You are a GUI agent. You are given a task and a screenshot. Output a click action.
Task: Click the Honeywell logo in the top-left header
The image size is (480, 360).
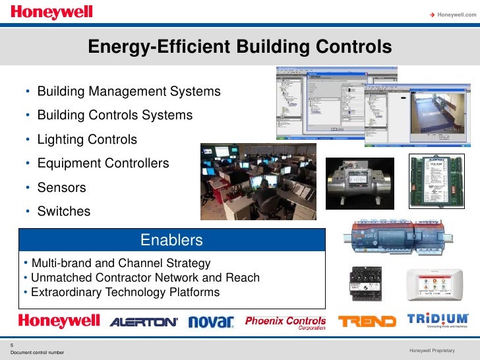[52, 13]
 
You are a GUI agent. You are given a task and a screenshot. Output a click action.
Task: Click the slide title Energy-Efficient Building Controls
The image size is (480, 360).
[240, 47]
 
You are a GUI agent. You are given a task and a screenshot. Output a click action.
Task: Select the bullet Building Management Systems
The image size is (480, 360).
[129, 91]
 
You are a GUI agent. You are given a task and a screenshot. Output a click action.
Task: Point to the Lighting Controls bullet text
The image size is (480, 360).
[87, 140]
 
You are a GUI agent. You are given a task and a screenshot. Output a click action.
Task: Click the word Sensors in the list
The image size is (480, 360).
[61, 188]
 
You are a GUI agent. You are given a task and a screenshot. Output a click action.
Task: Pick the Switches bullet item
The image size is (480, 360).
[63, 212]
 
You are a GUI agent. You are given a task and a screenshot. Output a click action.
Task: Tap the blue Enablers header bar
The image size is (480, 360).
[171, 240]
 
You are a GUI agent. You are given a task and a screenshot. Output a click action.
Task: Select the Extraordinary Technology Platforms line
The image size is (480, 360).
[125, 292]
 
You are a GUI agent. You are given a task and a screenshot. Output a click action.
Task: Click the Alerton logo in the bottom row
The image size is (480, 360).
[144, 322]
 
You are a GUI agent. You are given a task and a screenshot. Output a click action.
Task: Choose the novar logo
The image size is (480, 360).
[211, 322]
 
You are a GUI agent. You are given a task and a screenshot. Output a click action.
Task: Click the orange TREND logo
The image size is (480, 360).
[367, 322]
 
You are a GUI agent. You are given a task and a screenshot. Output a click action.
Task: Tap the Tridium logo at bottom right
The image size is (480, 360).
[438, 320]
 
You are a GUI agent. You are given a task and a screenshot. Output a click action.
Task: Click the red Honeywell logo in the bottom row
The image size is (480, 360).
[59, 321]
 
